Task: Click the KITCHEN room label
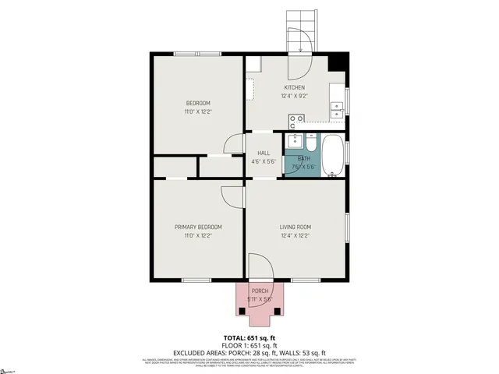pyautogui.click(x=294, y=87)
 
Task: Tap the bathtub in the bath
pyautogui.click(x=333, y=154)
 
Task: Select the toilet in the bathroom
pyautogui.click(x=311, y=144)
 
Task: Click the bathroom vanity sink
pyautogui.click(x=295, y=142)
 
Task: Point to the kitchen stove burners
pyautogui.click(x=296, y=121)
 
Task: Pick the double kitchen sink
pyautogui.click(x=337, y=109)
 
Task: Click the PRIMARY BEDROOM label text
pyautogui.click(x=197, y=227)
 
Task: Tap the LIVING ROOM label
pyautogui.click(x=296, y=227)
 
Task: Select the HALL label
pyautogui.click(x=264, y=153)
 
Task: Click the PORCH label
pyautogui.click(x=260, y=291)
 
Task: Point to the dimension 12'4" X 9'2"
pyautogui.click(x=295, y=96)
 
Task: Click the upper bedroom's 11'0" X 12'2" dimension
pyautogui.click(x=198, y=111)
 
